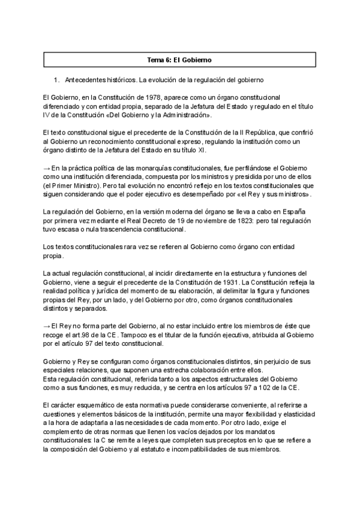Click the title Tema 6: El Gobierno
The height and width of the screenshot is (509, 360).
(x=179, y=60)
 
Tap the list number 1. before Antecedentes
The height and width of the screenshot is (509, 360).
(x=56, y=79)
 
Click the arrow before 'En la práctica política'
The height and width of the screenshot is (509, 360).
(x=47, y=168)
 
